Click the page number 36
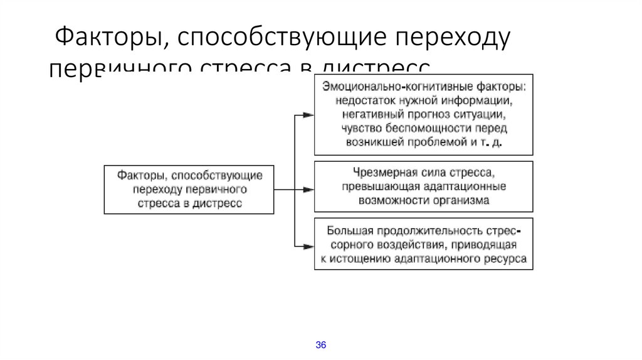[x=320, y=345]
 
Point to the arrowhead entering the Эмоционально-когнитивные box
[x=308, y=115]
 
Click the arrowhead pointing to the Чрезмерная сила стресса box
[x=308, y=189]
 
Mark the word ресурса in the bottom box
[x=508, y=258]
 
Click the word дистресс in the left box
[x=216, y=203]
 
